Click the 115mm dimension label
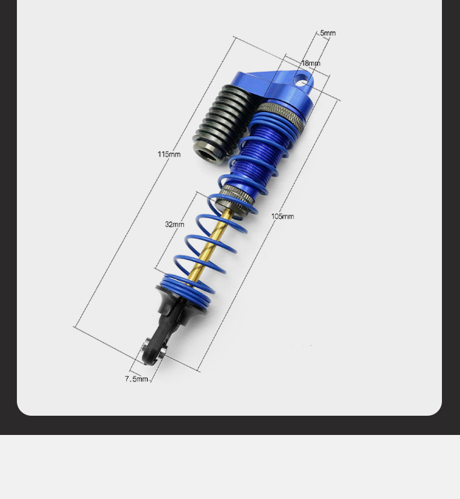[x=169, y=154]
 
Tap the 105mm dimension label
[x=282, y=217]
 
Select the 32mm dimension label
[x=175, y=224]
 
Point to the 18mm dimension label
[x=311, y=63]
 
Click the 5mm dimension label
[x=328, y=33]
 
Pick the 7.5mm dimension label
[x=136, y=379]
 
